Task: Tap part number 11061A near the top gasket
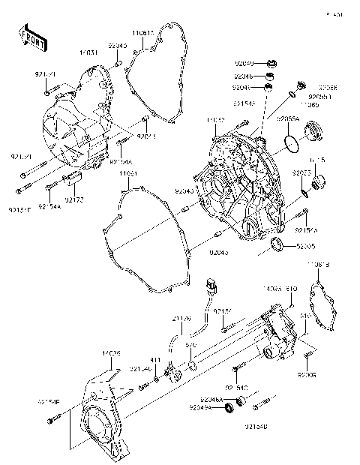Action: pyautogui.click(x=143, y=33)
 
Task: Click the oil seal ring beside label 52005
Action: pyautogui.click(x=276, y=244)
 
